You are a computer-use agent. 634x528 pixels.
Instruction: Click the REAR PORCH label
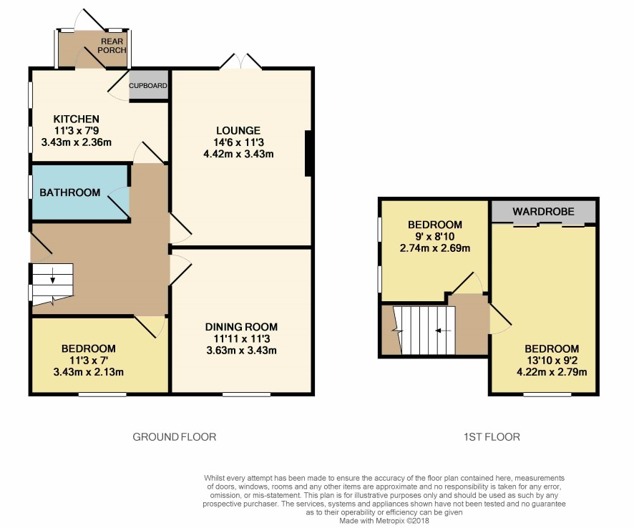[x=112, y=46]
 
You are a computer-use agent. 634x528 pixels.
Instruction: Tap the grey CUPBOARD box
[x=148, y=84]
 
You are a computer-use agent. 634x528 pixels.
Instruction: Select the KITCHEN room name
[x=77, y=119]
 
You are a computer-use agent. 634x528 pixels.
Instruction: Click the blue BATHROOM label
[x=70, y=192]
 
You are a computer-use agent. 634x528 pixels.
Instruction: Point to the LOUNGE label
[x=238, y=131]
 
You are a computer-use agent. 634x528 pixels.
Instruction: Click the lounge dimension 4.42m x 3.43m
[x=238, y=154]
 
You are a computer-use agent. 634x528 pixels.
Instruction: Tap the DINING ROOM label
[x=241, y=327]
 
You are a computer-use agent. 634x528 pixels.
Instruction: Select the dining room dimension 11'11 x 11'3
[x=241, y=339]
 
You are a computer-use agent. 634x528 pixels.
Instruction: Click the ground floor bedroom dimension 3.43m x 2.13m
[x=89, y=372]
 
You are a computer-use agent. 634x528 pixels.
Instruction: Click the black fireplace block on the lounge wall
[x=308, y=153]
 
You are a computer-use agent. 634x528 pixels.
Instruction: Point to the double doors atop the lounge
[x=241, y=61]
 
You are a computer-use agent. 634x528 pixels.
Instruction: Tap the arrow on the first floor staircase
[x=443, y=331]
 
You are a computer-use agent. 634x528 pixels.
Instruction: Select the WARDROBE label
[x=543, y=212]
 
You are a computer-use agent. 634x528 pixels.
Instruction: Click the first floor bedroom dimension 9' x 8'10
[x=434, y=237]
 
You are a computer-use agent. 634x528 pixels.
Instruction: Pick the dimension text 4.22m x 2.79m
[x=552, y=372]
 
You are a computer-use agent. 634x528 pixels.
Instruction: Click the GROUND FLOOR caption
[x=175, y=436]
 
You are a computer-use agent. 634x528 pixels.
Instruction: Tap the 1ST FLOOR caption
[x=492, y=436]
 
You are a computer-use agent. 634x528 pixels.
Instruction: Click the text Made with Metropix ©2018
[x=384, y=521]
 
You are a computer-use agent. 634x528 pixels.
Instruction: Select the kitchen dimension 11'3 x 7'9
[x=77, y=131]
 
